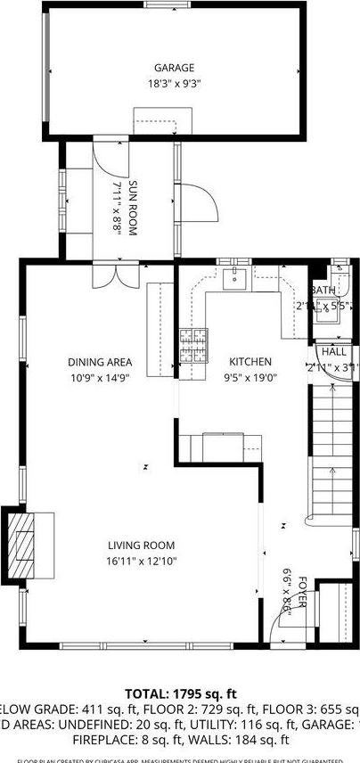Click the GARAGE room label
(x=174, y=68)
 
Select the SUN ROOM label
(x=133, y=208)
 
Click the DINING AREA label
(x=100, y=362)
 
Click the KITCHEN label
(x=250, y=362)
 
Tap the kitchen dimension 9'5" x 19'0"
(x=250, y=376)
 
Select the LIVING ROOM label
(x=141, y=546)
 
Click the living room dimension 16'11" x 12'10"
(x=141, y=561)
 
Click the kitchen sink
(x=236, y=277)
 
